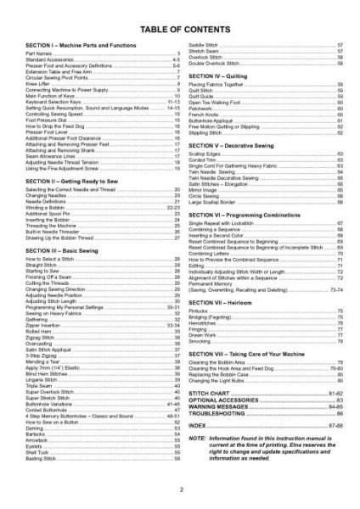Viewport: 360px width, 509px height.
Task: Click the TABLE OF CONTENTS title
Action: click(x=180, y=20)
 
